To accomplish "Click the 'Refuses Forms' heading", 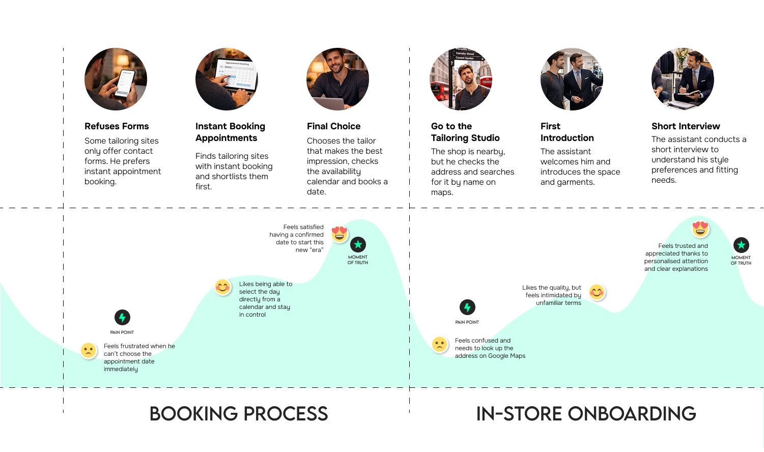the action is click(x=117, y=126).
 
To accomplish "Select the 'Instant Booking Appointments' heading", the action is click(x=230, y=132).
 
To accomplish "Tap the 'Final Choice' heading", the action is click(x=333, y=126).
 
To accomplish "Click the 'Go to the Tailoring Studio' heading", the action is click(x=465, y=132).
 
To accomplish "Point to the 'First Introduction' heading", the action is click(x=567, y=132).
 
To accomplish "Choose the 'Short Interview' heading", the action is click(x=686, y=126).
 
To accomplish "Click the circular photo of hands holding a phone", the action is click(x=116, y=79).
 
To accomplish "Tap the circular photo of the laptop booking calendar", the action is click(x=227, y=79).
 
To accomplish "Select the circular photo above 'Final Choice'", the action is click(x=337, y=79).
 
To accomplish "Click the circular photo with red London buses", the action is click(x=461, y=79).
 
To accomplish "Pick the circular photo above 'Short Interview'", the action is click(x=683, y=79).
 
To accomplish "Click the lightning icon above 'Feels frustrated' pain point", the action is click(x=122, y=318).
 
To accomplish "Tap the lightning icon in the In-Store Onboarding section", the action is click(x=467, y=307).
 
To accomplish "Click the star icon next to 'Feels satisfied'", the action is click(x=358, y=245).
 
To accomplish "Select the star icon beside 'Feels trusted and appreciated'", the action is click(x=741, y=245).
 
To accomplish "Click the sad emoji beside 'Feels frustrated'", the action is click(x=89, y=350).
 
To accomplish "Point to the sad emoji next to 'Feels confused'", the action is click(x=439, y=345).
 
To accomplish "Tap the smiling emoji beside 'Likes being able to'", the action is click(x=222, y=287).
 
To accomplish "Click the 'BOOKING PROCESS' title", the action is click(x=239, y=414).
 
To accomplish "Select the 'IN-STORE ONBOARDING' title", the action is click(x=586, y=414).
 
